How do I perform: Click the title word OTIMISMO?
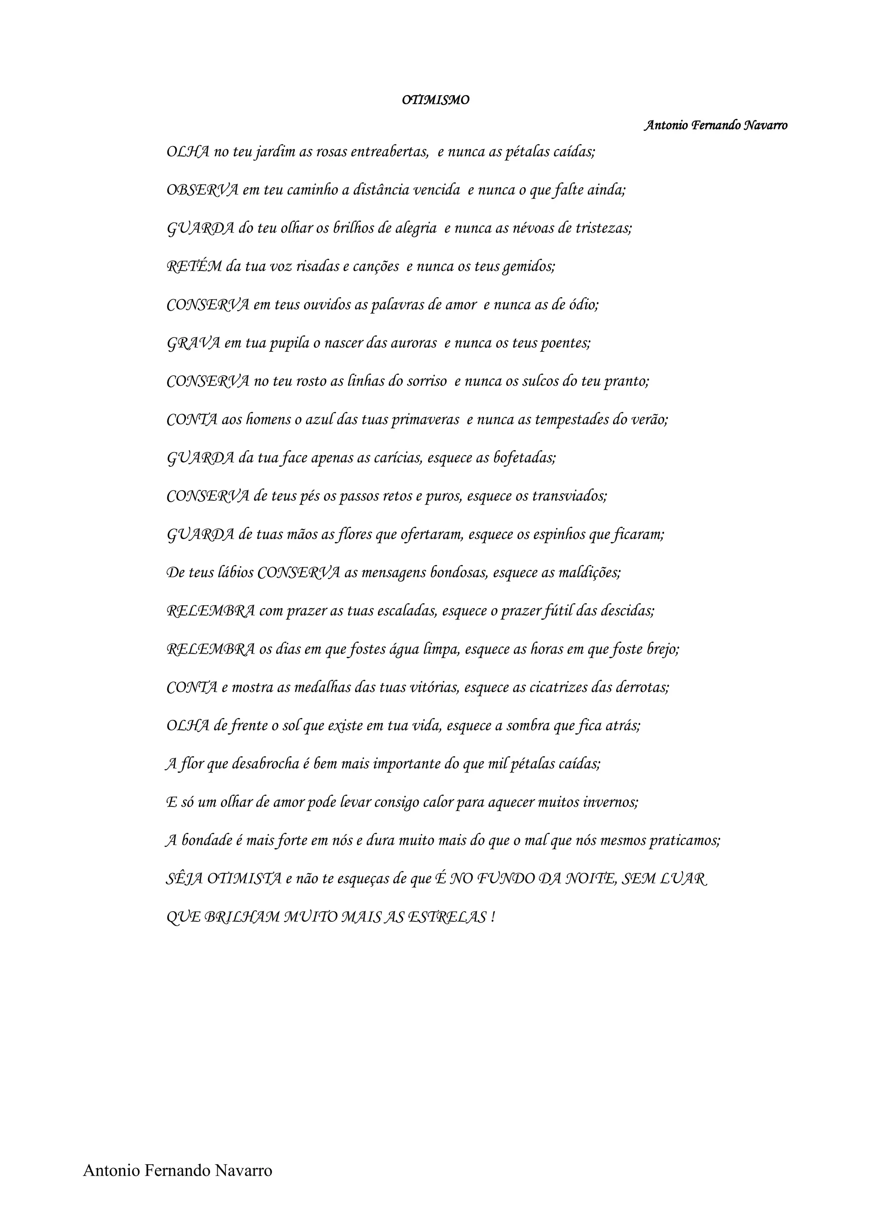click(435, 100)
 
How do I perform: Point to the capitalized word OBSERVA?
click(202, 190)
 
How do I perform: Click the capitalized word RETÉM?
click(194, 266)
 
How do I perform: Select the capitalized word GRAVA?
click(193, 343)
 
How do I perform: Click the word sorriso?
click(426, 382)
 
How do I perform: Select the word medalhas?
click(323, 687)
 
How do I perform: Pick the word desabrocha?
click(265, 764)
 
